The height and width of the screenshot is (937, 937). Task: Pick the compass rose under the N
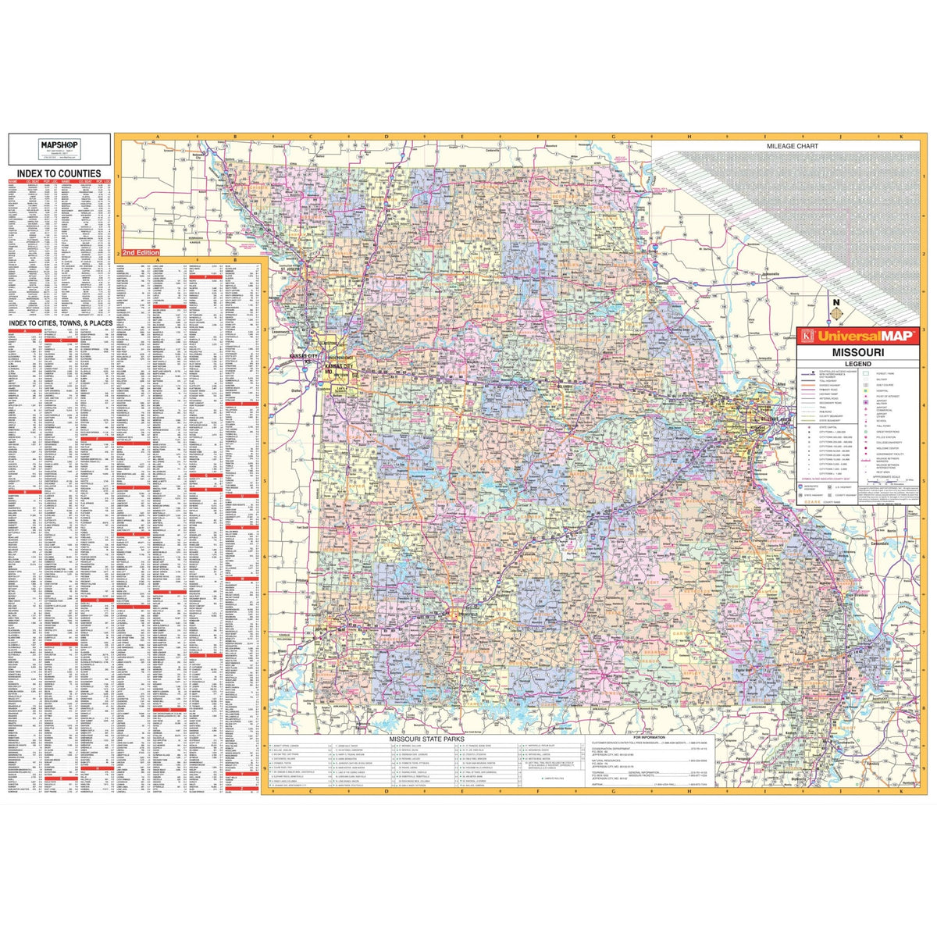[837, 314]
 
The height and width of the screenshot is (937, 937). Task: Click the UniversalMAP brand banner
[856, 337]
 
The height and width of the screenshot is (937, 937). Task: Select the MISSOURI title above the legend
[856, 352]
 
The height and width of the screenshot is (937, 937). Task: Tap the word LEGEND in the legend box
[856, 363]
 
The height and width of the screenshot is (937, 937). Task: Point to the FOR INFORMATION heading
[650, 736]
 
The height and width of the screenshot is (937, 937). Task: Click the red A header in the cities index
[23, 330]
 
